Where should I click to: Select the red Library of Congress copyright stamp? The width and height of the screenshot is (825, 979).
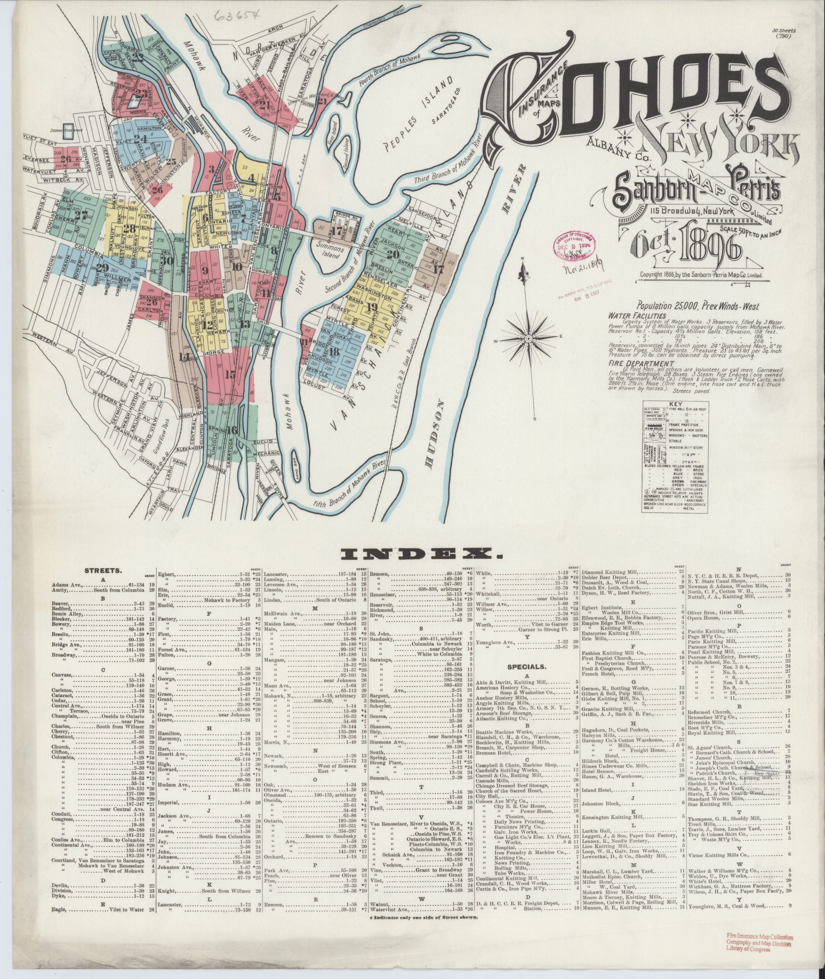pyautogui.click(x=578, y=244)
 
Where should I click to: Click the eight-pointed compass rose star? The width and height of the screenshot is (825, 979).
pyautogui.click(x=528, y=338)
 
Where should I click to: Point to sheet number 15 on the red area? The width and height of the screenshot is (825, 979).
pyautogui.click(x=230, y=374)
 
